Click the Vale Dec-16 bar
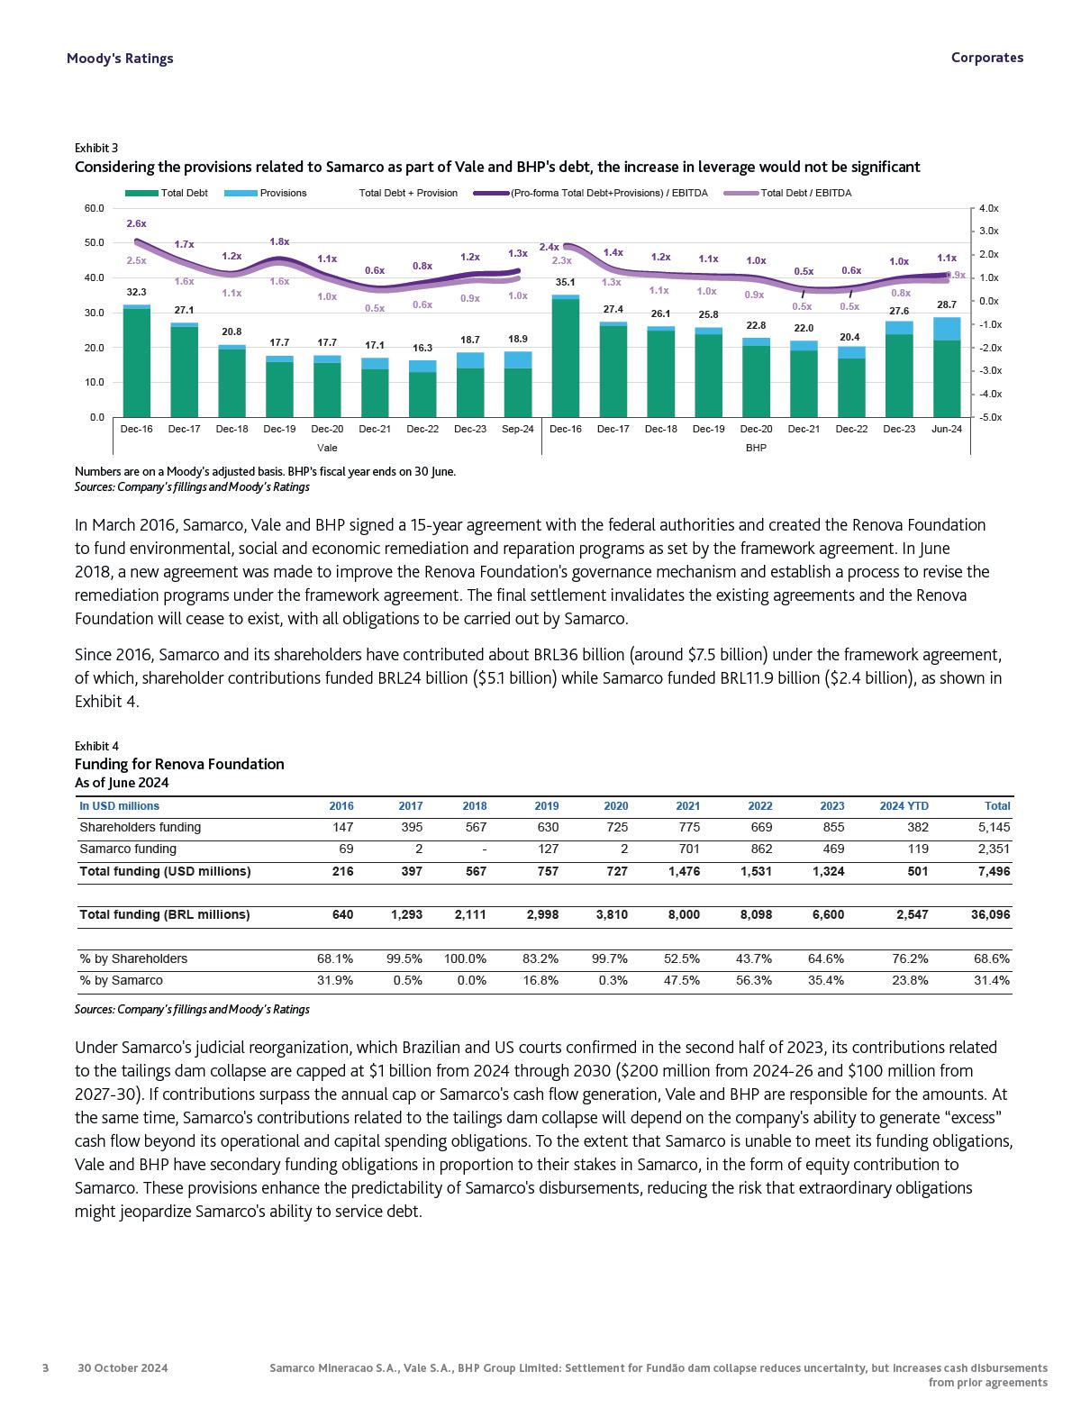(136, 360)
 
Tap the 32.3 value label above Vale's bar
(136, 292)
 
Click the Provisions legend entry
(282, 193)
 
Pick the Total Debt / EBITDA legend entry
(804, 193)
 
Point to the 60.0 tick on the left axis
(94, 208)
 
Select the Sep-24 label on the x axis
(517, 429)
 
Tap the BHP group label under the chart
(756, 448)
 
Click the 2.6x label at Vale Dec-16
(136, 223)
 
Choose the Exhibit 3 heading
(96, 148)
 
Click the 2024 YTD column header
(904, 806)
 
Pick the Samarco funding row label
(128, 849)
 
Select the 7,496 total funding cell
(995, 871)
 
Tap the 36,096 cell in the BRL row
(990, 914)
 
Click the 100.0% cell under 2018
(465, 958)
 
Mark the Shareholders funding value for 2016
(342, 827)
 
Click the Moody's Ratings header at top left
(120, 58)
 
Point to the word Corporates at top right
(986, 58)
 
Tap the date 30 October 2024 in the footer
(123, 1367)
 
